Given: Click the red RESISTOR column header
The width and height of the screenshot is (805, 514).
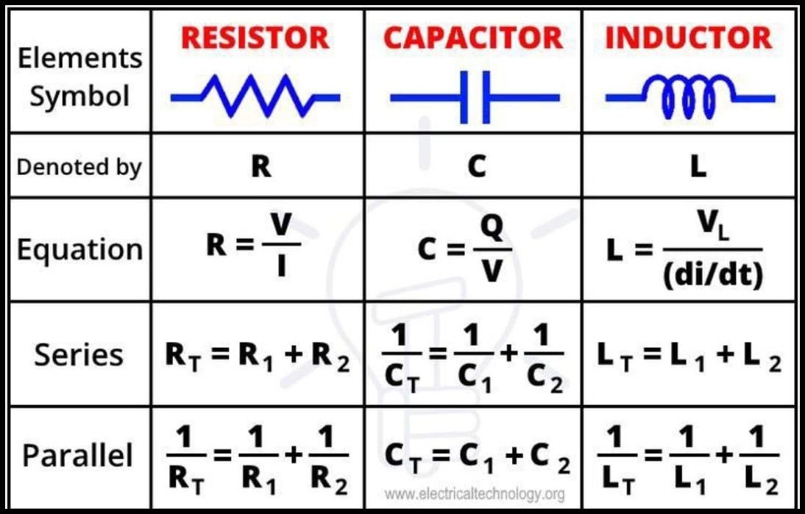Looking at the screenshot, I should click(x=255, y=38).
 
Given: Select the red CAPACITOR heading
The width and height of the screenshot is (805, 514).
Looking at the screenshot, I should click(x=473, y=38).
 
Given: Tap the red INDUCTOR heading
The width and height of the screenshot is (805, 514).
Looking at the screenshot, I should click(x=689, y=38).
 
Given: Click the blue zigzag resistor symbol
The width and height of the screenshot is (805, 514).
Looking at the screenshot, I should click(x=255, y=96).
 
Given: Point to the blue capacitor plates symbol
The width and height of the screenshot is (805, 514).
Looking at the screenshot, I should click(x=475, y=96).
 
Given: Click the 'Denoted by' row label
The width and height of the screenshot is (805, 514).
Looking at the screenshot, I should click(x=79, y=167).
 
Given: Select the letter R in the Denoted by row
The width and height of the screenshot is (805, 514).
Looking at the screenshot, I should click(x=260, y=168).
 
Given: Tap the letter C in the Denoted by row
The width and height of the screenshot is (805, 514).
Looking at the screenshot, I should click(x=476, y=168).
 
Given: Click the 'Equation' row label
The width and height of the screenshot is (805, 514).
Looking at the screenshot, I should click(x=79, y=250).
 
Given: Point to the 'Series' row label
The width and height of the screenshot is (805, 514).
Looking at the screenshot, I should click(x=79, y=355).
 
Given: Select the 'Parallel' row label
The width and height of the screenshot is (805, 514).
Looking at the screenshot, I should click(x=78, y=456).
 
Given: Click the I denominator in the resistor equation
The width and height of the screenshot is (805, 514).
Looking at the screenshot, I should click(x=281, y=269).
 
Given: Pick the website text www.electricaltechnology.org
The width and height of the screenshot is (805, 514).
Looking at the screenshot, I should click(x=475, y=493).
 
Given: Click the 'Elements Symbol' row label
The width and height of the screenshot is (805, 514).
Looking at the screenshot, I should click(x=79, y=77).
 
